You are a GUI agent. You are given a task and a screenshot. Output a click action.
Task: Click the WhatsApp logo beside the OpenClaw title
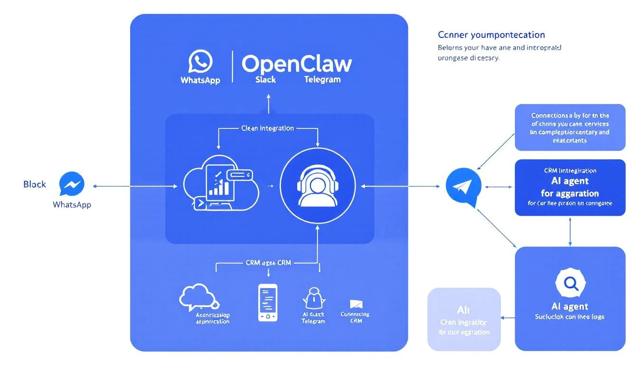click(200, 62)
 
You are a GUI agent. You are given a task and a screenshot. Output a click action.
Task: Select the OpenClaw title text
click(297, 64)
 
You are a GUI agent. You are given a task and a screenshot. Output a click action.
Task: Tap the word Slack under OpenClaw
click(265, 80)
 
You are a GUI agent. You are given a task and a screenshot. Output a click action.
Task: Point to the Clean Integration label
click(267, 128)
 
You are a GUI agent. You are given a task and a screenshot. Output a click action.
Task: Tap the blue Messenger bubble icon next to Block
click(72, 184)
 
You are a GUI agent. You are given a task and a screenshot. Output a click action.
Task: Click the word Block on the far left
click(35, 184)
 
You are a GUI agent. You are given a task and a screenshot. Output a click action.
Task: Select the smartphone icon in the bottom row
click(268, 303)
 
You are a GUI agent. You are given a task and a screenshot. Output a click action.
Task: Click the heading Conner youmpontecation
click(491, 35)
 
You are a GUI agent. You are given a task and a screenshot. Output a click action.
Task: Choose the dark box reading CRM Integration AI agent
click(570, 187)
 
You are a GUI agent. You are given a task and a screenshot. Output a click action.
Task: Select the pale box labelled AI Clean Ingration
click(464, 318)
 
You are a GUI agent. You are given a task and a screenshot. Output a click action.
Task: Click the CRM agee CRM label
click(268, 262)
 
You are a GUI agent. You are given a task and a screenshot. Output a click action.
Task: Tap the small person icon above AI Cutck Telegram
click(313, 298)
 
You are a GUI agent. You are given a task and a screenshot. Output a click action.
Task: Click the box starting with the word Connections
click(570, 127)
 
